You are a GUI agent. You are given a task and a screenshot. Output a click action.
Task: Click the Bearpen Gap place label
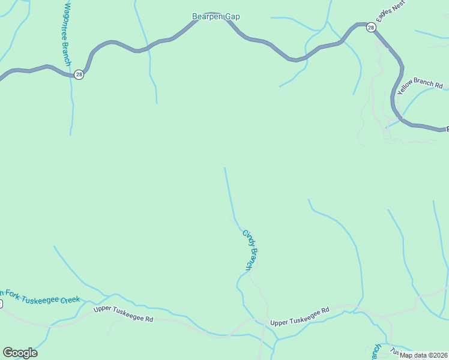tap(215, 17)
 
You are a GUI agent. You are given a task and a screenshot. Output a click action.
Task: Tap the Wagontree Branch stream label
tap(68, 34)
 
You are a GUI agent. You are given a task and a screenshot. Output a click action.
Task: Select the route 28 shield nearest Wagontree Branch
tap(79, 74)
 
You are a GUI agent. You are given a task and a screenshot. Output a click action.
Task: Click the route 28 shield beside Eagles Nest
tap(371, 28)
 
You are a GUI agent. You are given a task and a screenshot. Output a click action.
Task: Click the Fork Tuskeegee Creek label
tap(40, 296)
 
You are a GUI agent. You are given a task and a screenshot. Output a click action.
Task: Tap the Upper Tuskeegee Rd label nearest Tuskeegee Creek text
tap(123, 314)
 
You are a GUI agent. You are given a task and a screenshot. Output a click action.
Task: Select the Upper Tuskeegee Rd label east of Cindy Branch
tap(300, 316)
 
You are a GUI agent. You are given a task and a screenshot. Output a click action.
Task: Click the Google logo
tap(20, 352)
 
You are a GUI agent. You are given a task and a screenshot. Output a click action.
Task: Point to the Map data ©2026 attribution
tap(423, 355)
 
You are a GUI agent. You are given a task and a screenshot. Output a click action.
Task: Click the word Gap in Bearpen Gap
tap(232, 17)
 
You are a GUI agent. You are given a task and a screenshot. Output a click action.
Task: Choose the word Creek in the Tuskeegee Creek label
tap(69, 299)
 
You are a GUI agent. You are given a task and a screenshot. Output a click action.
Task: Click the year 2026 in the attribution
tap(437, 355)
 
